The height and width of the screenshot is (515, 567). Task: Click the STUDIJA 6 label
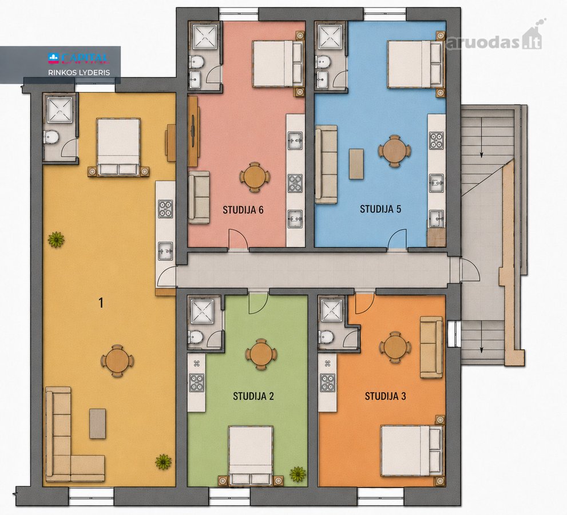(243, 210)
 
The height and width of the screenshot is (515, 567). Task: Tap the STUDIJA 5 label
(380, 209)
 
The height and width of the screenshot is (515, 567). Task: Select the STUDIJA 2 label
(253, 396)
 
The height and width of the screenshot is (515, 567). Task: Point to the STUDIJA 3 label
(385, 396)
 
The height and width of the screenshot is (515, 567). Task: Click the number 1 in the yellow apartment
(101, 303)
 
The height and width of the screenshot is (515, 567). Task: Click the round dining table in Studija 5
(394, 150)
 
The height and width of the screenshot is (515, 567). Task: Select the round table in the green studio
(261, 354)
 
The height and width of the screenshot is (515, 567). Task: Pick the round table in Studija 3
(395, 346)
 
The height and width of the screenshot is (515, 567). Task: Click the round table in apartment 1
(117, 361)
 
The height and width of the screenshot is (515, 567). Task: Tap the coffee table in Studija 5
(356, 164)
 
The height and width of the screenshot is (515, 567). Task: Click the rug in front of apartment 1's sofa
(98, 423)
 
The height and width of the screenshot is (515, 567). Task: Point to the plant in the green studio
(298, 474)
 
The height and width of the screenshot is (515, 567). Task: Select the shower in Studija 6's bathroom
(205, 37)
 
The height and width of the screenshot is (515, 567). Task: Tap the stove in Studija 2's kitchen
(197, 383)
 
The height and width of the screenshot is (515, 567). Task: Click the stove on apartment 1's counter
(165, 209)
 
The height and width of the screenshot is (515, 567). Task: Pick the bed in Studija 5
(415, 64)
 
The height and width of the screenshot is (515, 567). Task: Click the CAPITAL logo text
(78, 58)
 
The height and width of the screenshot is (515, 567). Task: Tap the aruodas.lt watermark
(494, 42)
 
